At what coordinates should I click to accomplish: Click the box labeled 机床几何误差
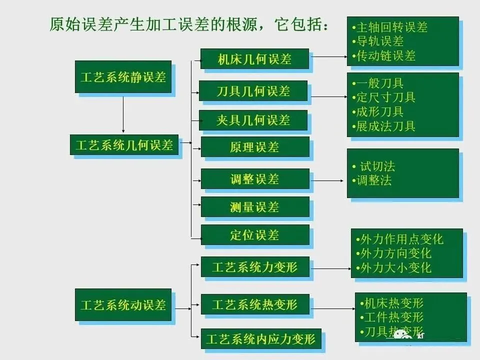tap(254, 59)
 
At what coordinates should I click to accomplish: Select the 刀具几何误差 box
tap(253, 91)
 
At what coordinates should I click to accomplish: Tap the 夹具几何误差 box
tap(253, 120)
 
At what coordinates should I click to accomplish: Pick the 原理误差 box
tap(255, 147)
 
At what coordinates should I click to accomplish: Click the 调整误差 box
tap(255, 179)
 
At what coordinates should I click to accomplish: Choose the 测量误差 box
tap(255, 206)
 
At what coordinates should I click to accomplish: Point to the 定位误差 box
tap(255, 234)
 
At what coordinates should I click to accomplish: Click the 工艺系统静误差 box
tap(123, 77)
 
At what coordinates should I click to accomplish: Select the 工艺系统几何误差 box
tap(124, 144)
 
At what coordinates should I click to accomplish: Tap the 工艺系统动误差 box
tap(123, 304)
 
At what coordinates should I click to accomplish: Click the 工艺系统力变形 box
tap(255, 266)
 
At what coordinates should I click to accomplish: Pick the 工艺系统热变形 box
tap(255, 304)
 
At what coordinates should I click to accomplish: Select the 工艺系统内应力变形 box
tap(260, 338)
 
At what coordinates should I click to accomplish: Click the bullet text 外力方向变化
tap(395, 253)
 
